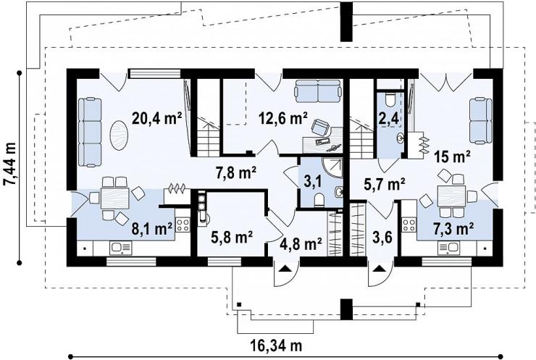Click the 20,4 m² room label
click(x=157, y=118)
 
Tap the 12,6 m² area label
click(x=282, y=118)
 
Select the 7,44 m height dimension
click(x=9, y=164)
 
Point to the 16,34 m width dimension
click(x=277, y=346)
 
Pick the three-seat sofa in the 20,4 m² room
click(x=90, y=133)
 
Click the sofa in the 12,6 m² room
click(x=318, y=91)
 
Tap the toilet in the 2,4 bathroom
click(x=390, y=99)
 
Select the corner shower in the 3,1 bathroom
click(x=332, y=167)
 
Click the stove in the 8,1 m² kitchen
click(x=183, y=225)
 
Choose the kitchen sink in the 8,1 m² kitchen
click(x=121, y=248)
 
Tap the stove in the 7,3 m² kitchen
click(x=409, y=225)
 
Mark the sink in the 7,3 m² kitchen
click(x=449, y=248)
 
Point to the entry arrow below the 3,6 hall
click(x=378, y=269)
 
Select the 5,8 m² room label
click(x=232, y=237)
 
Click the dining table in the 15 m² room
click(x=451, y=196)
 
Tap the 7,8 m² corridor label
click(x=236, y=172)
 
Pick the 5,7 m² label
click(x=384, y=184)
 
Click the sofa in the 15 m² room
click(x=481, y=120)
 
